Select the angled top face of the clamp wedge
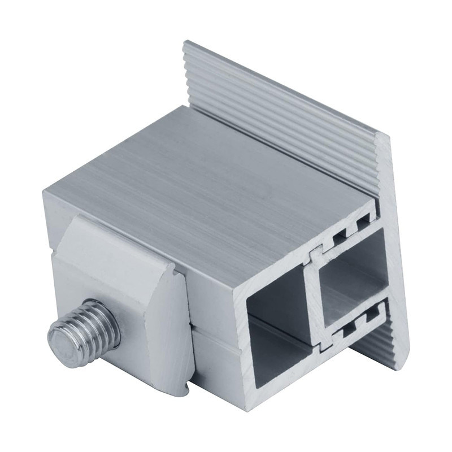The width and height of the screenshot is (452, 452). click(113, 243)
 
